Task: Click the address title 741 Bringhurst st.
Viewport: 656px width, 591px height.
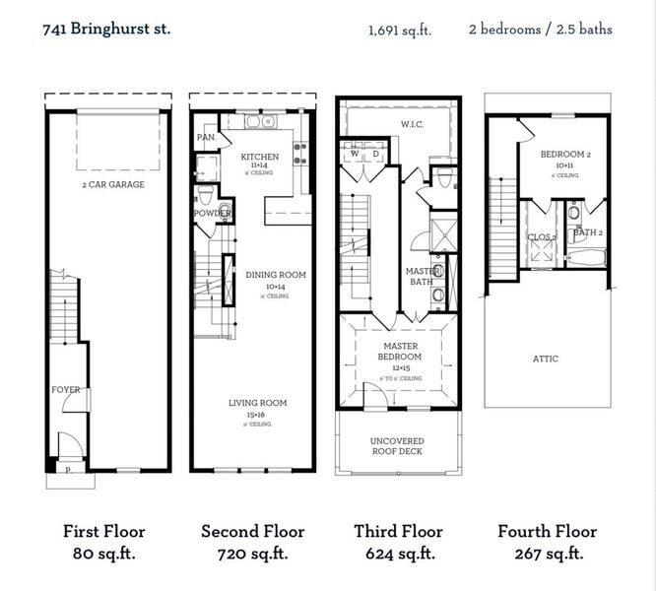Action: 106,29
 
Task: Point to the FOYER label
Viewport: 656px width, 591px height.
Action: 66,390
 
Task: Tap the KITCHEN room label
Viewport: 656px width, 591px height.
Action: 260,157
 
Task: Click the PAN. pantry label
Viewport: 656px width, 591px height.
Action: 207,137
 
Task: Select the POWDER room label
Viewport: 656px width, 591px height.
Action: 212,213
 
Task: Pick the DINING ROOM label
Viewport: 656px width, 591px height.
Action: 275,275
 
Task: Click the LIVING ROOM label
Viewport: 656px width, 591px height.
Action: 258,403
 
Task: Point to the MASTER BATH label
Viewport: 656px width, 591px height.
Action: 423,277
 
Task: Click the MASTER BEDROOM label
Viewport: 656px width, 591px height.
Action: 398,352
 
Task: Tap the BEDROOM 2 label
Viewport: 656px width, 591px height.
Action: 565,156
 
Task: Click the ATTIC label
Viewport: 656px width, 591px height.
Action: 545,359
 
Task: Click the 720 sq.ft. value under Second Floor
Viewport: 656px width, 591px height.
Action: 252,554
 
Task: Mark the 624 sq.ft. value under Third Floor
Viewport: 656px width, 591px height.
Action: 398,554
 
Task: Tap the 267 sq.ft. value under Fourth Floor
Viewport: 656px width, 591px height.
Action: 547,554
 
